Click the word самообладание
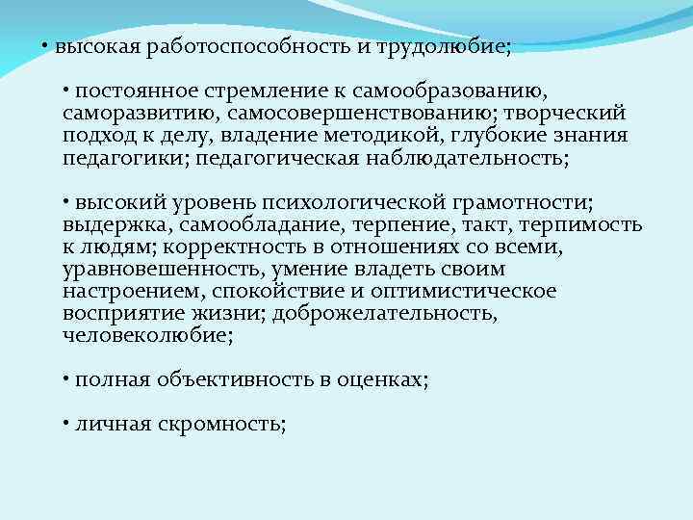tap(229, 224)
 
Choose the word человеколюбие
tap(145, 335)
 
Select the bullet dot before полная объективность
tap(64, 378)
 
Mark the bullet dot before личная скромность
tap(64, 423)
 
